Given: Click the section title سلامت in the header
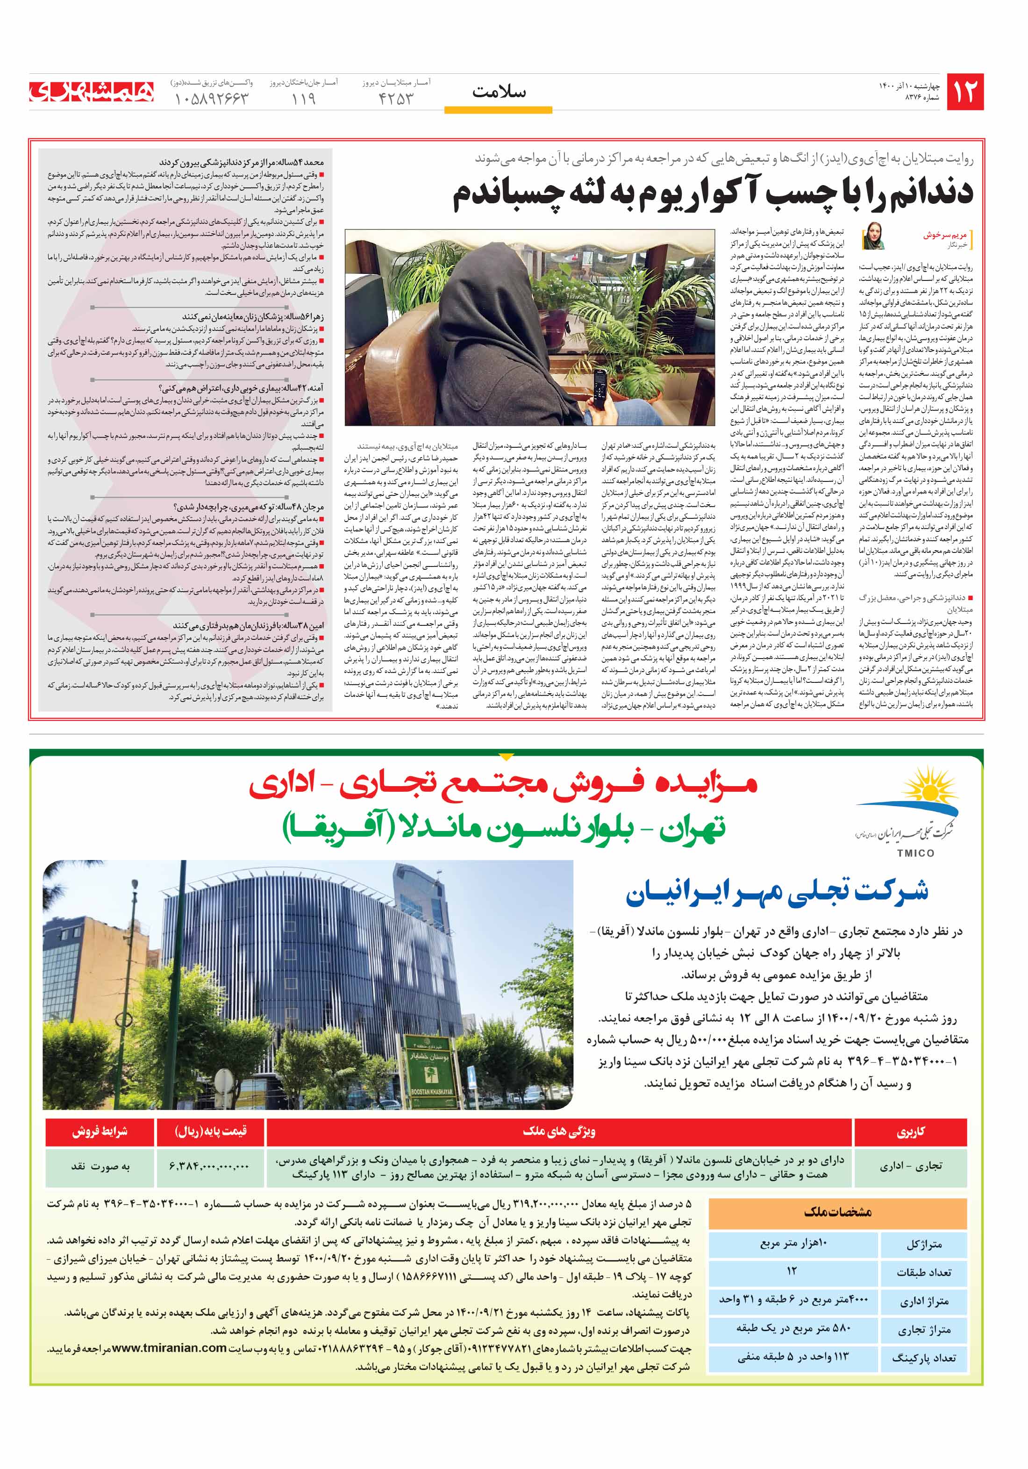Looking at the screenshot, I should pyautogui.click(x=499, y=92).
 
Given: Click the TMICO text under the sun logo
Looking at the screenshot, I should pyautogui.click(x=915, y=853).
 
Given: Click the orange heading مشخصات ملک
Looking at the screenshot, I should pyautogui.click(x=837, y=1212).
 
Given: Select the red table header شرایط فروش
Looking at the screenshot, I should pyautogui.click(x=100, y=1131).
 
